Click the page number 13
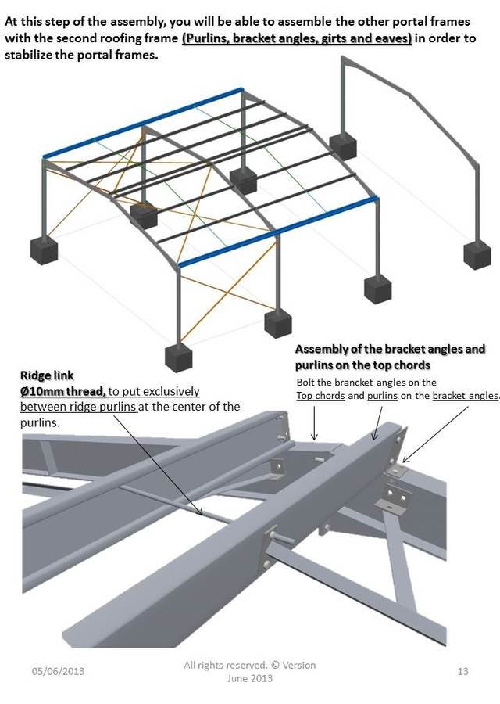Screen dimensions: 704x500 (x=462, y=671)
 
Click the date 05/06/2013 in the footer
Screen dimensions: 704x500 (x=58, y=671)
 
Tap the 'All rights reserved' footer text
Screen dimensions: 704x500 (x=249, y=665)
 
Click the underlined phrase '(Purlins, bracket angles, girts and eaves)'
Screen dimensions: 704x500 (x=297, y=38)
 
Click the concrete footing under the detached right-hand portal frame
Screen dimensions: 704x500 (x=477, y=254)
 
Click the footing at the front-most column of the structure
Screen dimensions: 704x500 (x=178, y=356)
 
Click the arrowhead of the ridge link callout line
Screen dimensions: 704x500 (x=205, y=515)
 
